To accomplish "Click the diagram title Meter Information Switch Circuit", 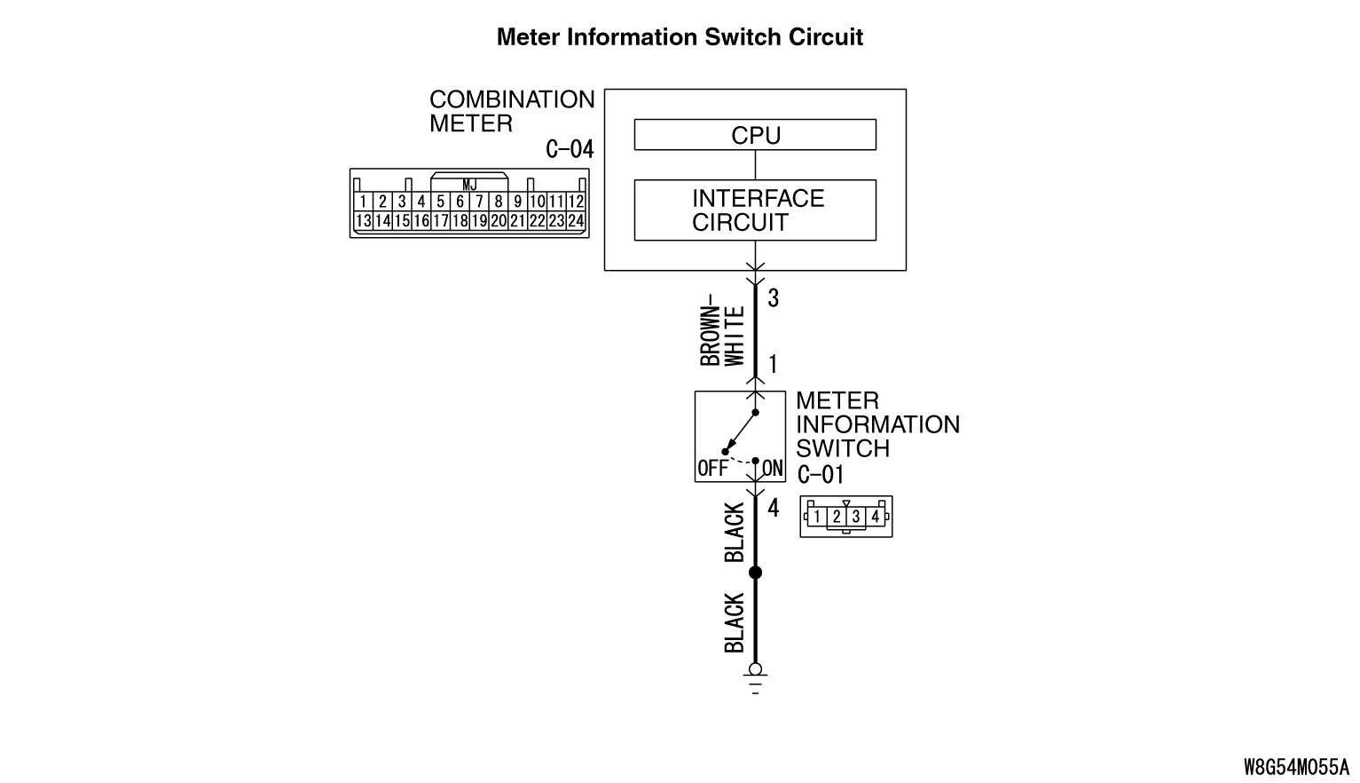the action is coord(680,37).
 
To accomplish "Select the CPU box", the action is coord(755,134).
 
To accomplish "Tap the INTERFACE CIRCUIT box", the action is coord(755,210).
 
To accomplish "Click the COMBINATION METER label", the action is coord(512,111).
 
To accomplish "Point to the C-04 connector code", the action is coord(570,149).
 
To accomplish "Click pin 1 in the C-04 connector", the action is coord(363,201).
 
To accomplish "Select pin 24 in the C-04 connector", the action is coord(576,220).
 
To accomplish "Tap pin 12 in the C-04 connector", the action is coord(576,201).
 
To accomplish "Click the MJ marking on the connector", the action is coord(469,185).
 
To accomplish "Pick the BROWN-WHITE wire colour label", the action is coord(722,330).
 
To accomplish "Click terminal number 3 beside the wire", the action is coord(773,297).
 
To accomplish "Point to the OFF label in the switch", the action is coord(712,469).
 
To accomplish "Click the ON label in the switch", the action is coord(773,469).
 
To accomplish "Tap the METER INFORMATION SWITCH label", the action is coord(877,424).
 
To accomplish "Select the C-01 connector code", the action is coord(821,474).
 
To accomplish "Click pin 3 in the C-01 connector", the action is coord(855,517).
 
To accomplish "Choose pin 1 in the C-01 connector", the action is coord(817,517).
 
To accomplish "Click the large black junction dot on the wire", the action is coord(755,573).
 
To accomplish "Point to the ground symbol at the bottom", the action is coord(755,679).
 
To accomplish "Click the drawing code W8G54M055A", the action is coord(1296,767).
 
